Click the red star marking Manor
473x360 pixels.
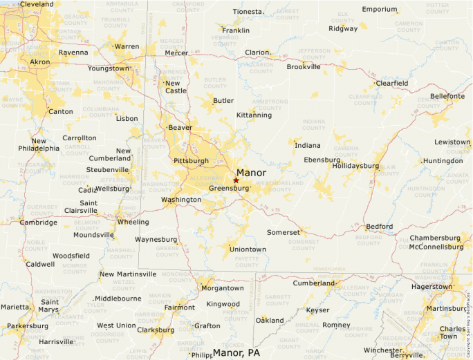236,180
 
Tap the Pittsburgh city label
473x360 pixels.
191,161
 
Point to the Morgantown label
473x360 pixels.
221,288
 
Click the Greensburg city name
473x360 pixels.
228,188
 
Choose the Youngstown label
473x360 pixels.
108,68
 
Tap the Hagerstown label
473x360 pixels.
431,286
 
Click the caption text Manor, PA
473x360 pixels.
236,353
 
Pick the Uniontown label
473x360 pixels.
248,249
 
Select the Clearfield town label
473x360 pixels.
391,84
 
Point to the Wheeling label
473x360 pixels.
133,222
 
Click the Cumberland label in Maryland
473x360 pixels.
313,283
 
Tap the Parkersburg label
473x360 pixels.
28,326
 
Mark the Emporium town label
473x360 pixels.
380,10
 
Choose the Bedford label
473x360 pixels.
379,227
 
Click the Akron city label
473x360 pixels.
39,62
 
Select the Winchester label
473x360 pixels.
382,350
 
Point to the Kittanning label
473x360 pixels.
254,115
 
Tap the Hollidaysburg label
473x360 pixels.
355,167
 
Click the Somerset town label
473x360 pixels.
284,233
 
